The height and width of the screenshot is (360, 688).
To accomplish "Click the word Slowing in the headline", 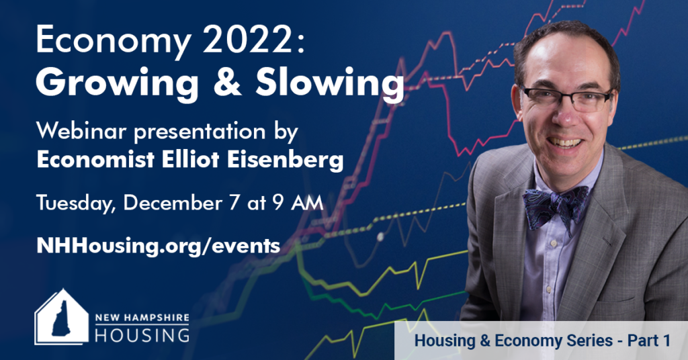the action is tap(329, 83).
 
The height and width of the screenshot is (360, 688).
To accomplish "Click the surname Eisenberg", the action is tap(285, 160).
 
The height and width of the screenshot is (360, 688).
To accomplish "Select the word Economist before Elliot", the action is tap(95, 160).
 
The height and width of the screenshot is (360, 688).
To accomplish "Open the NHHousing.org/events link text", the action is tap(159, 246).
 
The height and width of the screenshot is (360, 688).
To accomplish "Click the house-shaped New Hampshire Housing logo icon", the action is tap(61, 316).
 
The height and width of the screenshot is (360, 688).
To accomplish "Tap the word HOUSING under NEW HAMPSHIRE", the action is tap(142, 334).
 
